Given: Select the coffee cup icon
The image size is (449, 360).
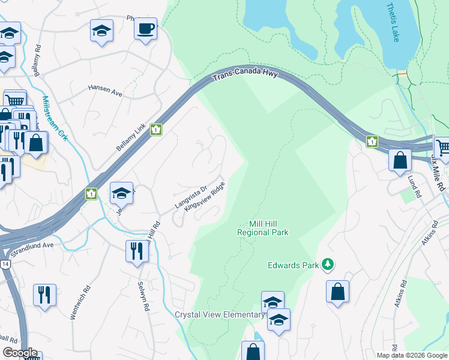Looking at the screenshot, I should point(145,29).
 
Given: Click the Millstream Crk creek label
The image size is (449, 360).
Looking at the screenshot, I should point(55,119).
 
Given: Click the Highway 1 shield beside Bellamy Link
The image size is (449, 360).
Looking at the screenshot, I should point(156,130).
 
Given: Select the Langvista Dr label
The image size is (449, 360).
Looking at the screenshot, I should point(190,196).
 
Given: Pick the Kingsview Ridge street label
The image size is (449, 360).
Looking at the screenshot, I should point(205,197).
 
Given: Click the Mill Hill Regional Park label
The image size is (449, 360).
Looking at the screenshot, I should point(263,227).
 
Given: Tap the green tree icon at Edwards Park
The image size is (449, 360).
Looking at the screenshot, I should point(327,264).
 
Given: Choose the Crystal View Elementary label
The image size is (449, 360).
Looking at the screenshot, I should point(219,315).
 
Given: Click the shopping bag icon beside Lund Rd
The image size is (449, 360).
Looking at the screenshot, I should point(400,161).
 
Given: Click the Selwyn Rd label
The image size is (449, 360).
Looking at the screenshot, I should point(142,296).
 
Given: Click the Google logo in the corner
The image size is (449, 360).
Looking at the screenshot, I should point(20,353).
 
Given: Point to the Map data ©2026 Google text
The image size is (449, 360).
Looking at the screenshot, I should point(411,355).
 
